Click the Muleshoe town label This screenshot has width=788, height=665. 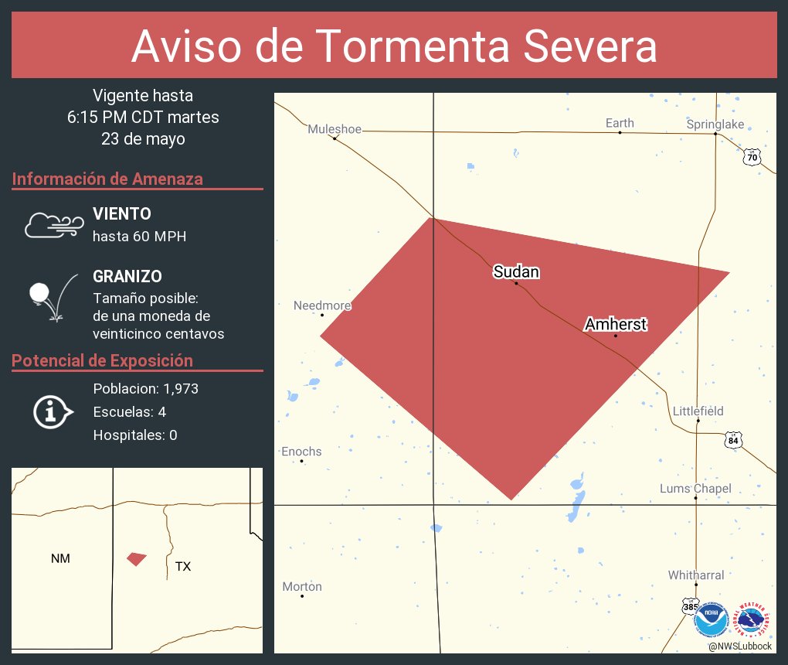[334, 129]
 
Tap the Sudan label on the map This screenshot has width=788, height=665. [516, 271]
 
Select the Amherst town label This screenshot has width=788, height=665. [616, 324]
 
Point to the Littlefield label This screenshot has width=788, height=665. [698, 411]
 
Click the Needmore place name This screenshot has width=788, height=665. [322, 305]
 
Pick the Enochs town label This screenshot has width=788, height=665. [301, 452]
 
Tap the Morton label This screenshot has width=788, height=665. [301, 587]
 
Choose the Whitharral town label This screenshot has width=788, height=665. [696, 575]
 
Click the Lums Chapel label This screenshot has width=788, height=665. [695, 489]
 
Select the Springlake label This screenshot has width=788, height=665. [715, 124]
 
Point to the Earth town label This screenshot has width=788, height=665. [620, 123]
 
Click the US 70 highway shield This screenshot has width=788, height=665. [752, 158]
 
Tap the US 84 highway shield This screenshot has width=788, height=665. [733, 441]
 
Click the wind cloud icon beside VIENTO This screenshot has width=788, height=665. [53, 224]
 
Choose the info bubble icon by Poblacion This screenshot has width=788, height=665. [53, 411]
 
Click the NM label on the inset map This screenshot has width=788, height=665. [60, 558]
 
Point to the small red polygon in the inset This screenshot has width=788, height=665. [137, 558]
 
